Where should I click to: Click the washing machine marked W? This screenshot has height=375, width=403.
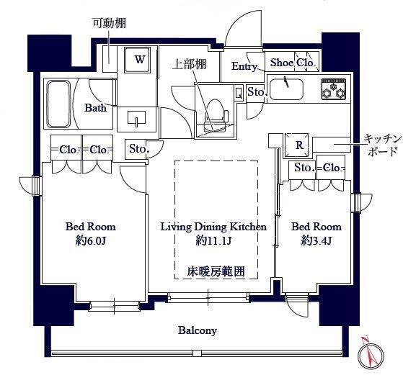pos(139,60)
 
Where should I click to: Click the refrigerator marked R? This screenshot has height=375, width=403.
pos(298,145)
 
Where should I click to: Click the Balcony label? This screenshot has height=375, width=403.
pos(198,330)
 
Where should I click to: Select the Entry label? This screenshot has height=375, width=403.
pos(244,66)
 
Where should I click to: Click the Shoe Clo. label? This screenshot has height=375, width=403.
pos(291,63)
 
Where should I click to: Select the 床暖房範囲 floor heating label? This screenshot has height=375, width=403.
pos(216,271)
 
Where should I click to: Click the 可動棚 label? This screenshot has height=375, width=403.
pos(109,22)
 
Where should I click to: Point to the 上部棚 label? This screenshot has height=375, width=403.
pos(189,64)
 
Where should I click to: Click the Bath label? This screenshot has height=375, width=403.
pos(95,109)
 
